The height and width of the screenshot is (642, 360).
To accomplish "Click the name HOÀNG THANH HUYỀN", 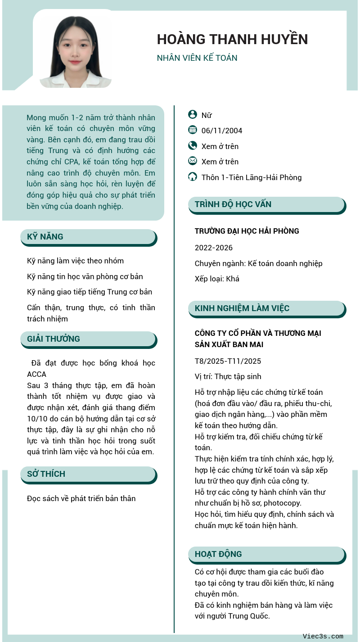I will [232, 40].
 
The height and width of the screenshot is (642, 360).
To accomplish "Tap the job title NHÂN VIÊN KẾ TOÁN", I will [197, 58].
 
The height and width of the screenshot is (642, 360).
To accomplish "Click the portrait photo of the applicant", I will [76, 52].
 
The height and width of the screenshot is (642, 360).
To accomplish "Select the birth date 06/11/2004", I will [222, 131].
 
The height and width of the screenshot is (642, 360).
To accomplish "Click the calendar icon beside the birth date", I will [193, 130].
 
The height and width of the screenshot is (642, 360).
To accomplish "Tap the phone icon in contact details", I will [193, 145].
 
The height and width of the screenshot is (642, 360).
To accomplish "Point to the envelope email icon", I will [193, 161].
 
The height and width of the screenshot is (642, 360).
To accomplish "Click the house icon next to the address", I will [193, 176].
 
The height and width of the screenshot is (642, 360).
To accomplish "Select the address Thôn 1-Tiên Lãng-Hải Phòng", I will [252, 177].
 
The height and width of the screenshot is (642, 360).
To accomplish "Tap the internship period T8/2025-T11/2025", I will [228, 361].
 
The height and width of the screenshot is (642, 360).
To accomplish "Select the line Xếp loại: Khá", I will [217, 279].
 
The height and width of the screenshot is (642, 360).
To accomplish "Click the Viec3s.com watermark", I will [323, 636].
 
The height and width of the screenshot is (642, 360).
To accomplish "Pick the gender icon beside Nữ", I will [193, 115].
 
